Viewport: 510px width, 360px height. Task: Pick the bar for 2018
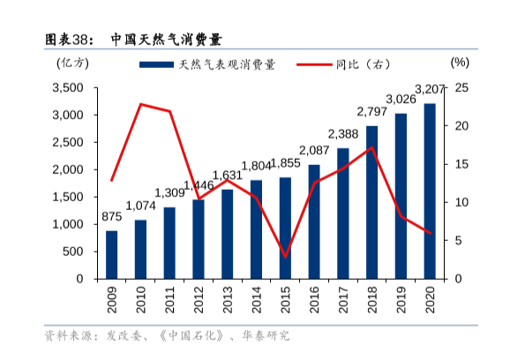click(371, 202)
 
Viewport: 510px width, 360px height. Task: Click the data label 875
click(112, 217)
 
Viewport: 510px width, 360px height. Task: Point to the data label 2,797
click(371, 111)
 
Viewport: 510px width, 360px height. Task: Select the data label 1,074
click(140, 206)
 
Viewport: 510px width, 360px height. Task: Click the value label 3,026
click(401, 99)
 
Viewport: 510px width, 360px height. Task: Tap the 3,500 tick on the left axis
click(67, 87)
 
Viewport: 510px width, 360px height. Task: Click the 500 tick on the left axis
click(74, 251)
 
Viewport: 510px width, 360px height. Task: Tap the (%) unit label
click(460, 63)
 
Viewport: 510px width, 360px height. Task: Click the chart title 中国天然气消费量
click(166, 39)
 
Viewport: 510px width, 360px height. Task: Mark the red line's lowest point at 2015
click(285, 257)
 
